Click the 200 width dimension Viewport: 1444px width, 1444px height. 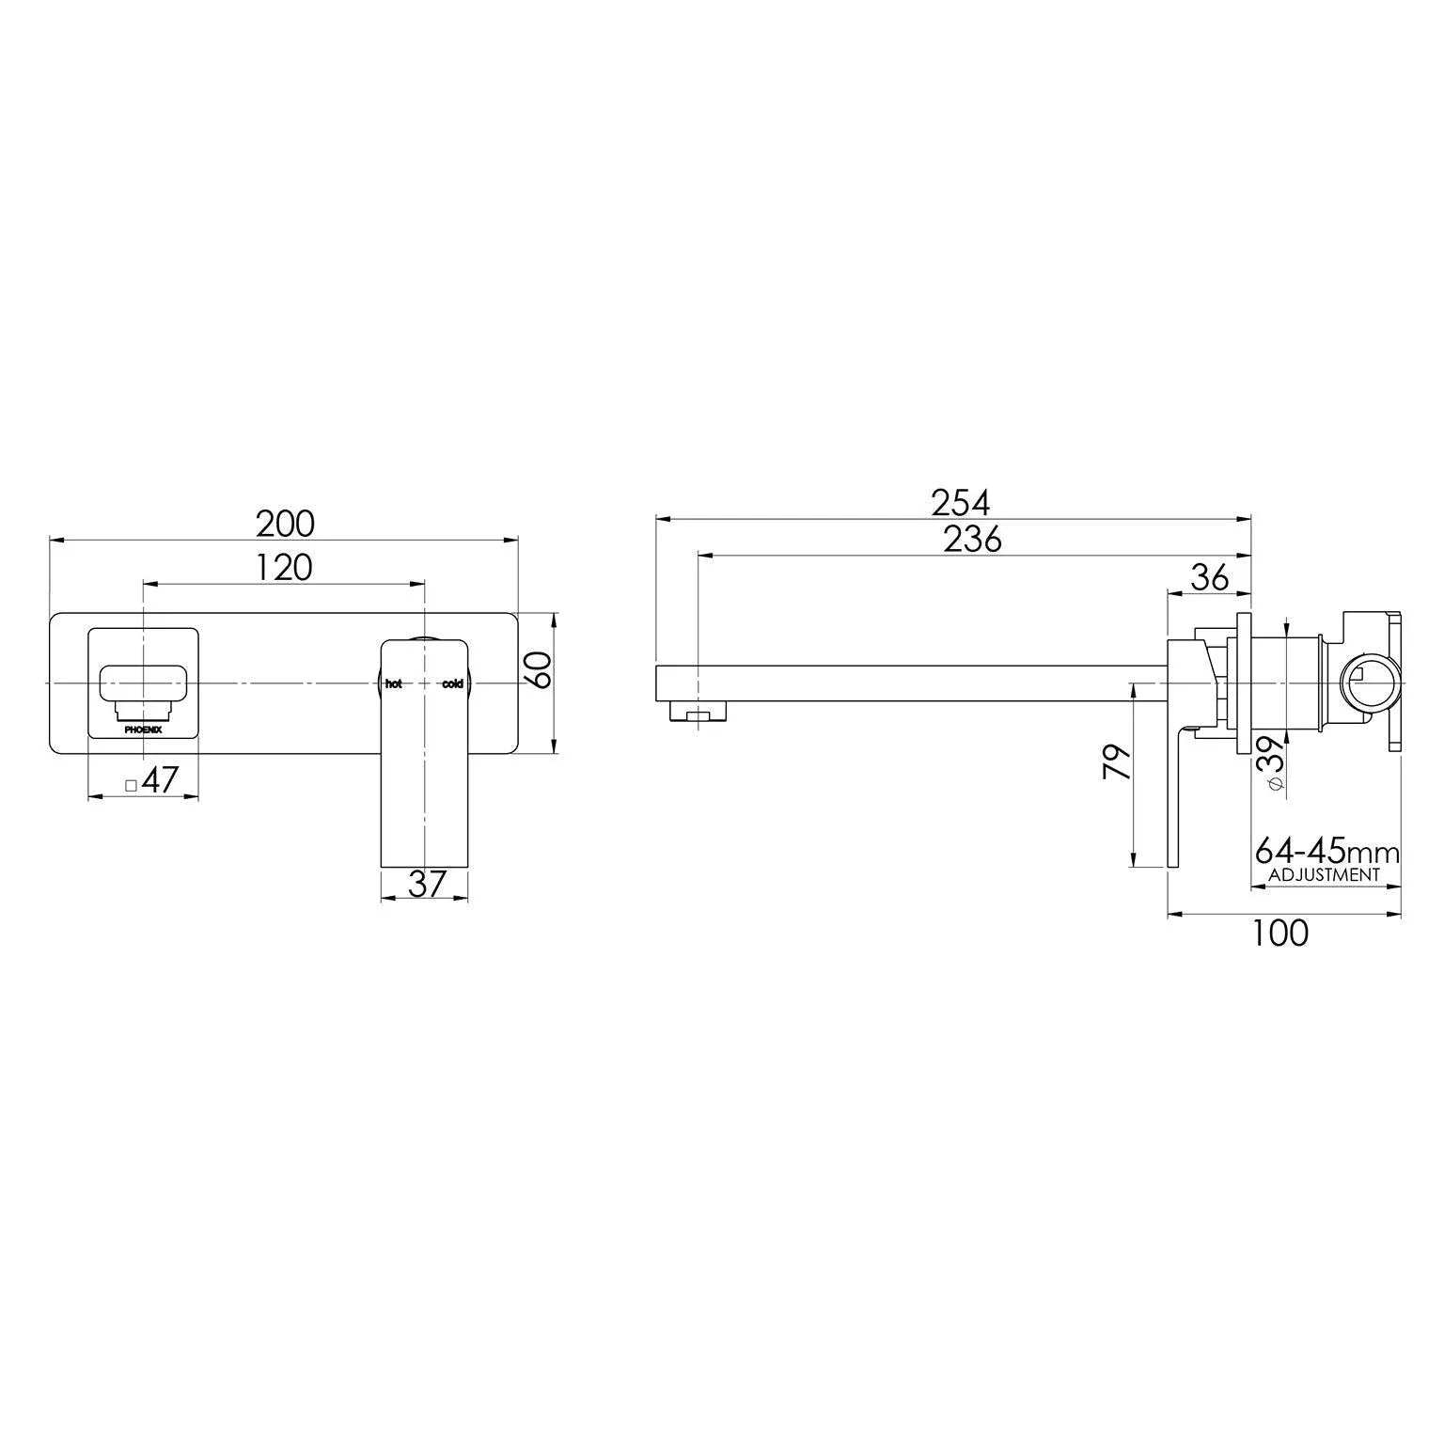pyautogui.click(x=285, y=524)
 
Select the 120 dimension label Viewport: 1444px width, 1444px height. pyautogui.click(x=283, y=568)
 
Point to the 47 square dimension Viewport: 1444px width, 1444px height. pyautogui.click(x=162, y=780)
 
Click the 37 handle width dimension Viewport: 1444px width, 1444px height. pyautogui.click(x=425, y=884)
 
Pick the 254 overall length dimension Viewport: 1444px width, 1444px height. pyautogui.click(x=960, y=504)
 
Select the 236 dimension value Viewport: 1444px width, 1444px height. pyautogui.click(x=973, y=540)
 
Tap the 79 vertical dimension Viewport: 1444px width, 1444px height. pyautogui.click(x=1116, y=763)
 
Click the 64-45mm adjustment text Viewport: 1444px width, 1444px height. pyautogui.click(x=1326, y=853)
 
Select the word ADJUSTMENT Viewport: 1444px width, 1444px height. pyautogui.click(x=1324, y=874)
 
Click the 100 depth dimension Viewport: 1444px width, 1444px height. pyautogui.click(x=1279, y=934)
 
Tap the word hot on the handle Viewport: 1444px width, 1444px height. pyautogui.click(x=393, y=683)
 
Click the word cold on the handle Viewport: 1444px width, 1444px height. pyautogui.click(x=452, y=683)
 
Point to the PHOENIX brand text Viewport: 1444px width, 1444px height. pyautogui.click(x=143, y=728)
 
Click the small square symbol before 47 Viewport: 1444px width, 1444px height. pyautogui.click(x=132, y=784)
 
